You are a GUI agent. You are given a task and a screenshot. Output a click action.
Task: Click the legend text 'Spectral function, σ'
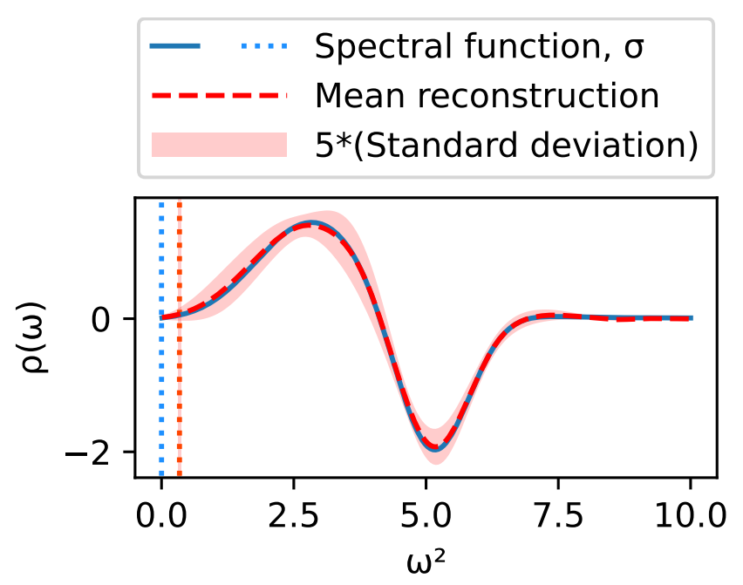[x=480, y=46]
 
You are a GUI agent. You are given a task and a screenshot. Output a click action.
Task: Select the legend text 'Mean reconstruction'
[x=487, y=96]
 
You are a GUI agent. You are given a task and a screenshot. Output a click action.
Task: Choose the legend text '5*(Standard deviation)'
[x=507, y=145]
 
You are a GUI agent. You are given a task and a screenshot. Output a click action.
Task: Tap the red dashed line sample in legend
[x=219, y=96]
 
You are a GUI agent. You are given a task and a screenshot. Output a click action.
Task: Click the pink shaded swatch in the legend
[x=219, y=145]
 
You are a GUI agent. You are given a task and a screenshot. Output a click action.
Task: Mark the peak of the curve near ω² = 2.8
[x=310, y=224]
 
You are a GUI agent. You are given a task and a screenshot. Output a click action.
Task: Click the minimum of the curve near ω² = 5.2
[x=436, y=448]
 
